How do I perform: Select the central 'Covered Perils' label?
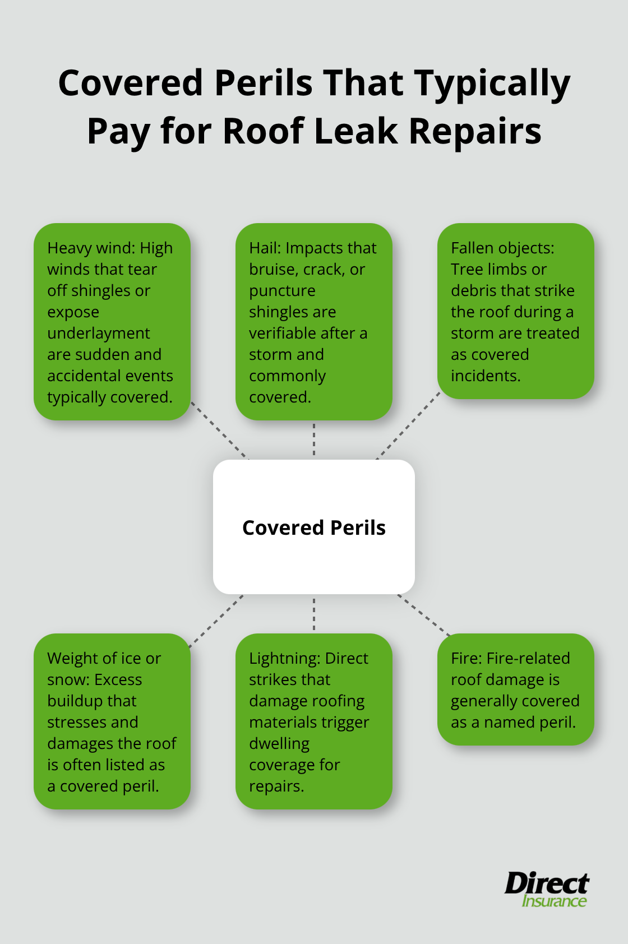pos(314,527)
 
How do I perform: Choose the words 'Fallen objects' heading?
pos(502,248)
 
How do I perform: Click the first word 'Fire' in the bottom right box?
pos(465,658)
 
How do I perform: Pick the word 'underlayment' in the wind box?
pos(99,334)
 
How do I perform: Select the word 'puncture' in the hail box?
pos(282,291)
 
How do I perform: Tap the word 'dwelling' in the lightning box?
pos(279,744)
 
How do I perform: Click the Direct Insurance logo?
pos(547,890)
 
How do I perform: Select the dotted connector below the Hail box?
pos(314,439)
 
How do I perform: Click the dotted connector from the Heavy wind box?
pos(219,430)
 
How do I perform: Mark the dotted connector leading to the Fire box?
pos(424,616)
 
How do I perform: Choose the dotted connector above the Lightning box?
pos(314,614)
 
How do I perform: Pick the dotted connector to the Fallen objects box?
pos(408,426)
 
